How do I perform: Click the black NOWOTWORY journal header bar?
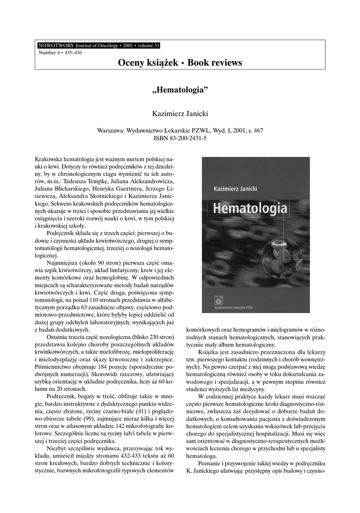98,45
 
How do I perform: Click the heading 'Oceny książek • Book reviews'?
180,63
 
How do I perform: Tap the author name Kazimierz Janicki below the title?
179,114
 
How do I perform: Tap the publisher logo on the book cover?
218,300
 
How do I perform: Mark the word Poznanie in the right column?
212,464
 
